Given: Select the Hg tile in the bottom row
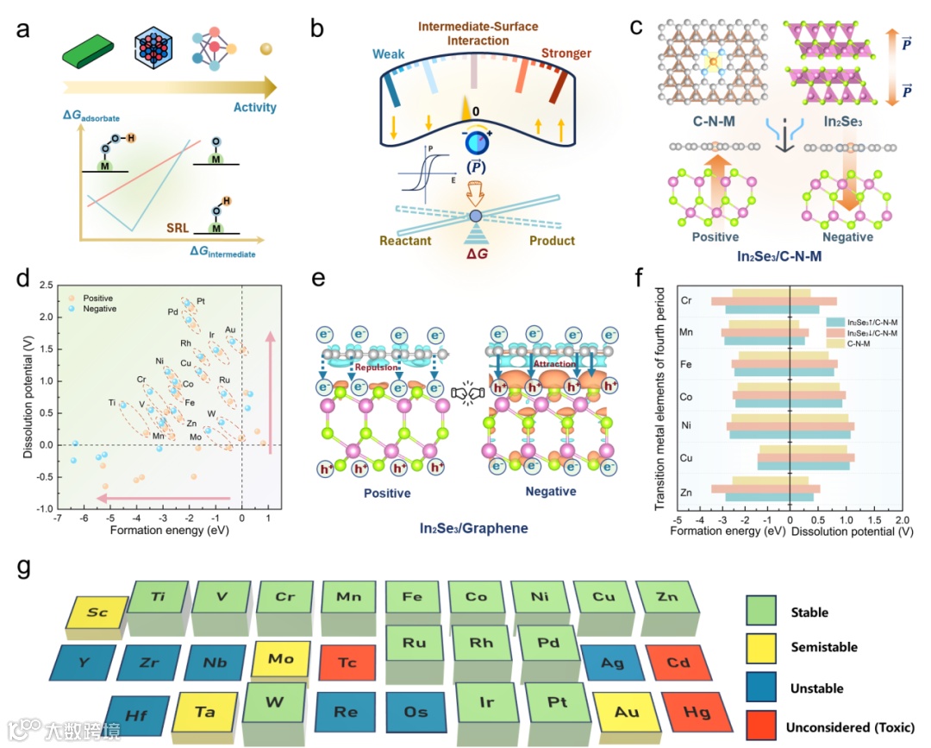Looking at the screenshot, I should point(697,713).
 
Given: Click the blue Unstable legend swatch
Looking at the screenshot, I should point(761,688).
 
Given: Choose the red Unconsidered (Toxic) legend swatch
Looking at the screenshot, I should point(761,726).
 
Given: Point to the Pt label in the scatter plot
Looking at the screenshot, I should point(201,301).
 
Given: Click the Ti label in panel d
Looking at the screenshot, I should point(111,402).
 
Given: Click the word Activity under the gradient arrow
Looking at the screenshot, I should point(254,108).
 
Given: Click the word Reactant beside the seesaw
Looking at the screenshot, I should point(404,241).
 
